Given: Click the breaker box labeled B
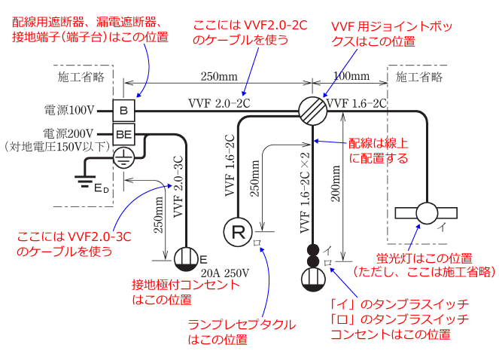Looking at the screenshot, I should pos(124,111).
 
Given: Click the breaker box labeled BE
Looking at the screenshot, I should pos(124,135).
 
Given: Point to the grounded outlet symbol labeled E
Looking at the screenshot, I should pos(185,259).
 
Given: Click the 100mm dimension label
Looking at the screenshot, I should pos(351,75).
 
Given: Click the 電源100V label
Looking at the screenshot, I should pos(68,111).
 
